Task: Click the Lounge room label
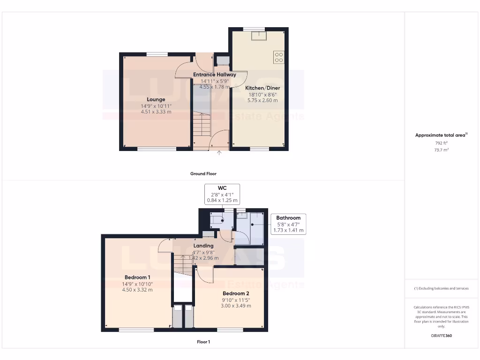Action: (x=156, y=99)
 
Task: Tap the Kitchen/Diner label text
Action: (x=262, y=88)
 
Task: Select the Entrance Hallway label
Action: (x=215, y=75)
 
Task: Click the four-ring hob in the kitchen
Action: (x=279, y=57)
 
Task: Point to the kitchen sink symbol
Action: (x=258, y=36)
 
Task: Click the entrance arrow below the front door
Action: (x=219, y=153)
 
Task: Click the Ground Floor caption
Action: (x=203, y=173)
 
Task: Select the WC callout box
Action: (x=222, y=194)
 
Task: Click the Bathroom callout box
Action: (x=288, y=224)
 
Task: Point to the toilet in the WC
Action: (x=219, y=218)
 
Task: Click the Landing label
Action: (x=204, y=246)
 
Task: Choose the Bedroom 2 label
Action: (x=236, y=293)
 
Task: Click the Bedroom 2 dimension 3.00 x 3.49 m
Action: (x=236, y=306)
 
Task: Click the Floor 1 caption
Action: (x=203, y=342)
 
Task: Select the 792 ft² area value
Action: (x=441, y=143)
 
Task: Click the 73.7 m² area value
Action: (x=441, y=150)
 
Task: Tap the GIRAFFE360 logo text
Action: (x=441, y=336)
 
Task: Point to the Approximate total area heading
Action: (x=441, y=135)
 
